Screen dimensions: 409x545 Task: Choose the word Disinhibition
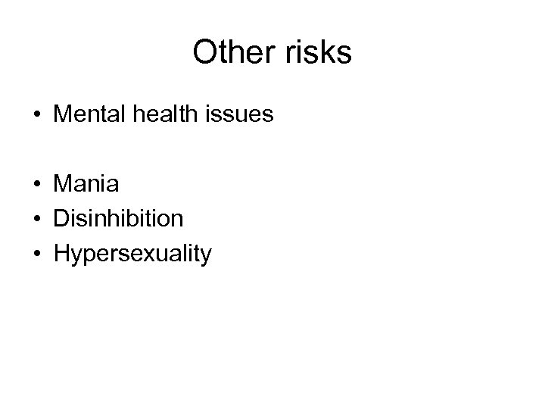click(118, 219)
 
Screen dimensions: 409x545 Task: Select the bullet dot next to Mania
click(37, 184)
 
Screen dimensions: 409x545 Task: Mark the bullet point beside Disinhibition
click(37, 220)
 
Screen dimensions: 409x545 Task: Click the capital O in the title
click(206, 52)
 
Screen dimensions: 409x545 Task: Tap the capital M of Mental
click(64, 117)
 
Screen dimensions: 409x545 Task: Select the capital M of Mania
click(64, 183)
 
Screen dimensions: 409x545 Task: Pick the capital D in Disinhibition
click(61, 219)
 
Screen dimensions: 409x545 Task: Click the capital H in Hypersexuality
click(61, 254)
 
